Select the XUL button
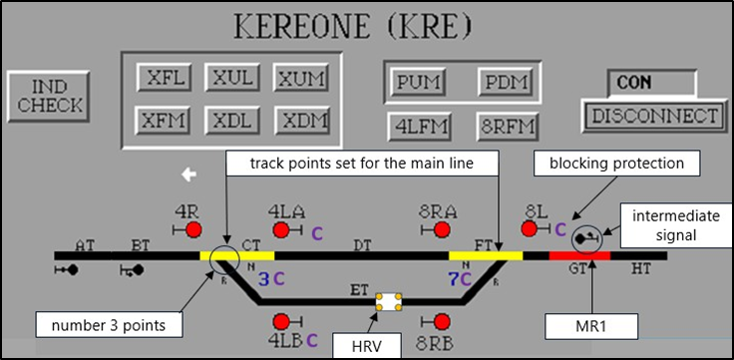click(232, 77)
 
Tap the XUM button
click(300, 77)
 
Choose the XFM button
click(165, 120)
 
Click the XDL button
click(232, 120)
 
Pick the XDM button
click(300, 120)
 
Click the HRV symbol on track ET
click(388, 300)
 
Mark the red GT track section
click(579, 256)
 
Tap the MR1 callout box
click(588, 325)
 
